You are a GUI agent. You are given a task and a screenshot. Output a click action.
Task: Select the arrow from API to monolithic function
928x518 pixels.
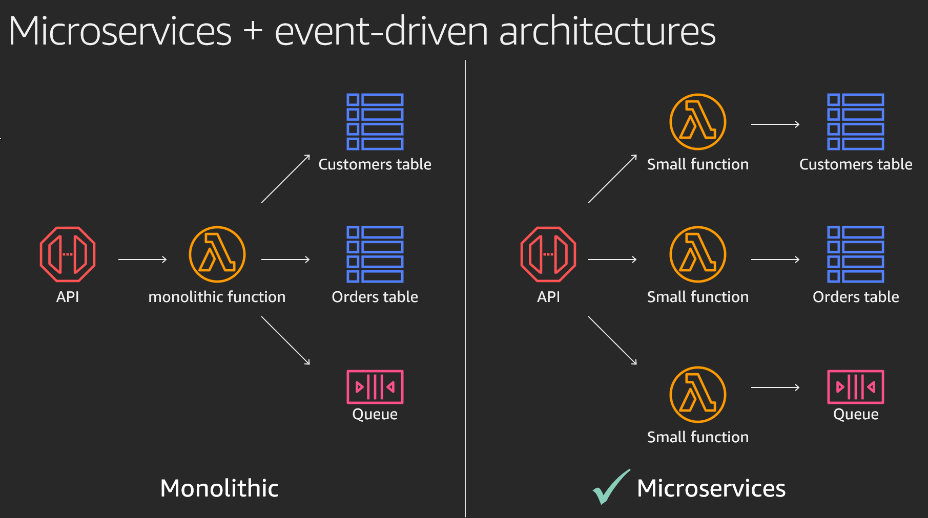pyautogui.click(x=142, y=260)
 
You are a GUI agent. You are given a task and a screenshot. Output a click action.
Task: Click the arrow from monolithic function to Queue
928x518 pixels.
pyautogui.click(x=285, y=340)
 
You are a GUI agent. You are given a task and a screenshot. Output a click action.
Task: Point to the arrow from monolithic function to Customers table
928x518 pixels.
pyautogui.click(x=285, y=179)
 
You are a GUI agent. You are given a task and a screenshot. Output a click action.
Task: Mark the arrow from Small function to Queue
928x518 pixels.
pyautogui.click(x=775, y=387)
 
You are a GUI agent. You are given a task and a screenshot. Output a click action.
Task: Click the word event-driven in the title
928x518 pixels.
pyautogui.click(x=382, y=31)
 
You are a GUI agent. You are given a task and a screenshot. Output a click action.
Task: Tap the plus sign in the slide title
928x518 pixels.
pyautogui.click(x=253, y=31)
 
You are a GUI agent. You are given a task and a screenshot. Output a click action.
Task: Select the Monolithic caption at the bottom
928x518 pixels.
pyautogui.click(x=219, y=488)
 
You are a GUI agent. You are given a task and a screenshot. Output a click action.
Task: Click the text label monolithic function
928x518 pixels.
pyautogui.click(x=217, y=297)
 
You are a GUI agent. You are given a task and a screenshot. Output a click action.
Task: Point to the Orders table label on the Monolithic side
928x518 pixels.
pyautogui.click(x=375, y=297)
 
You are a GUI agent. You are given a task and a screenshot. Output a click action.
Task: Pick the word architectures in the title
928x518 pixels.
pyautogui.click(x=607, y=31)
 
